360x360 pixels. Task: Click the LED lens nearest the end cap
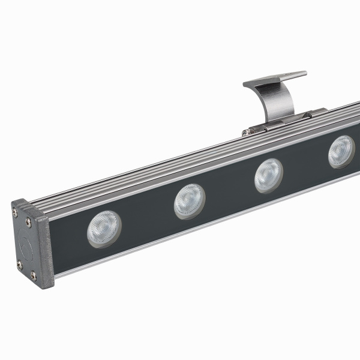(x=104, y=229)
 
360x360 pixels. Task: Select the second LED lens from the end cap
(x=190, y=201)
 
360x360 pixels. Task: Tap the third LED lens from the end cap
(x=268, y=175)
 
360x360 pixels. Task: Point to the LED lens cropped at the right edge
(x=341, y=151)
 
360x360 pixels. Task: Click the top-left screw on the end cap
(x=15, y=210)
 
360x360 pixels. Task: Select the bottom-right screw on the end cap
(x=34, y=275)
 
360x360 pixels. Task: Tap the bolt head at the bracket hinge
(x=247, y=131)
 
